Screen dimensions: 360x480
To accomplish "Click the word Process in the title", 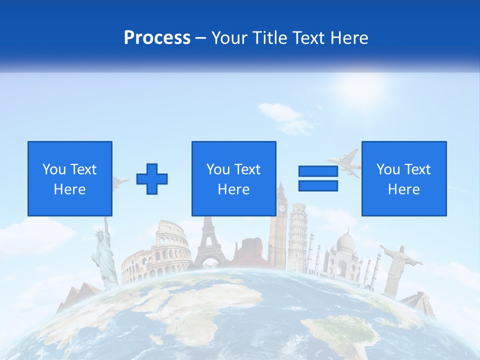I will coord(157,37).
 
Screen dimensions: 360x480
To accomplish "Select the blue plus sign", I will coord(152,178).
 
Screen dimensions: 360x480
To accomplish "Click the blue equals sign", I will coord(318,178).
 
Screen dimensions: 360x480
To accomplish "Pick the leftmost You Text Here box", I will coord(70,178).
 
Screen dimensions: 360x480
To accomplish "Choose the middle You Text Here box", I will coord(233,178).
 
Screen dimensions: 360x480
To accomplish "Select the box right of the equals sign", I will coord(403,178).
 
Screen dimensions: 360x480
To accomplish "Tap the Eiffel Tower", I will coord(209,245).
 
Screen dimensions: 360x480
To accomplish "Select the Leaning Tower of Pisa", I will coord(297,235).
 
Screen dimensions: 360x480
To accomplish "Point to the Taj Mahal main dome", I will coord(345,242).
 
